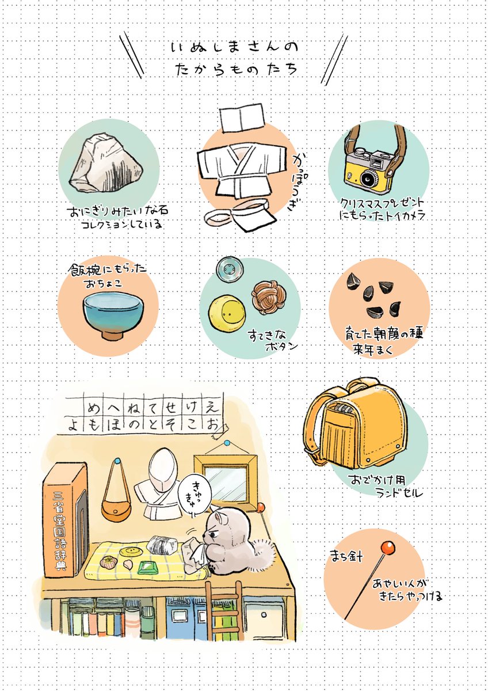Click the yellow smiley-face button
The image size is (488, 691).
[227, 313]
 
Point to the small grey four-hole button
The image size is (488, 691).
[230, 269]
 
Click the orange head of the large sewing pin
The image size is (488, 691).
[388, 547]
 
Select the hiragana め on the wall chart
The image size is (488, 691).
[93, 407]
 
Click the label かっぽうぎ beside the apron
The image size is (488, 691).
[299, 182]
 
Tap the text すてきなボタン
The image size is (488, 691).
[273, 341]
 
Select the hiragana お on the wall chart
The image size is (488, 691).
[213, 425]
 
